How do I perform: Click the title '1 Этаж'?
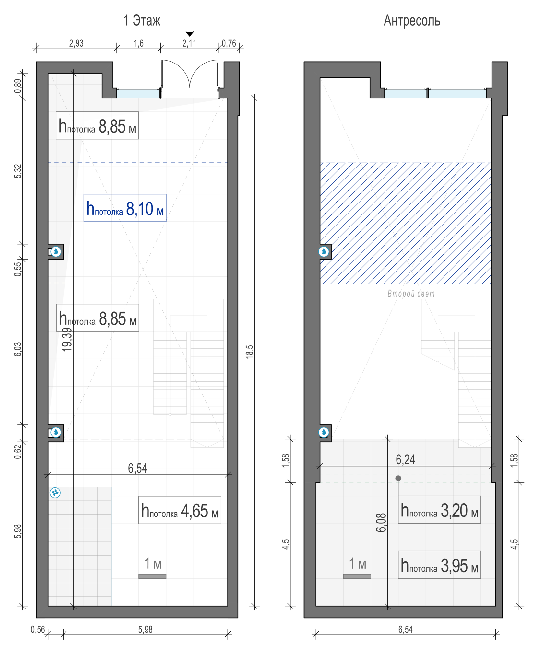(x=142, y=20)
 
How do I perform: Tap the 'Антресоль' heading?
(x=412, y=20)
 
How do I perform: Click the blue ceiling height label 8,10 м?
(x=125, y=208)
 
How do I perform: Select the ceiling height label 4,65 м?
(x=180, y=510)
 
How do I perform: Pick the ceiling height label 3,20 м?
(x=439, y=510)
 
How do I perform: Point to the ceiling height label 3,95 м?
(x=439, y=565)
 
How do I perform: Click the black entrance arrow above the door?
(x=190, y=34)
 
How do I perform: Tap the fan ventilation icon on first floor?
(x=55, y=493)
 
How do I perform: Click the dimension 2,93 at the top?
(x=76, y=43)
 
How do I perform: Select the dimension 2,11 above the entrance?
(x=189, y=43)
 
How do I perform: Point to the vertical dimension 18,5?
(x=250, y=352)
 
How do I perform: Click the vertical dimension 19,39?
(x=67, y=340)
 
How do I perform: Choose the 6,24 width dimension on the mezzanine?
(x=405, y=459)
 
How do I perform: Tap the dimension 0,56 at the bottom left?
(x=38, y=630)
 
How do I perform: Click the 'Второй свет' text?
(x=411, y=294)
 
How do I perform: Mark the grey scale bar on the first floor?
(x=152, y=576)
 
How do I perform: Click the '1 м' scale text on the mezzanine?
(x=357, y=564)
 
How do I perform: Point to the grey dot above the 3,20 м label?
(x=398, y=478)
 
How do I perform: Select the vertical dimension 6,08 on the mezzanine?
(x=381, y=523)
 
